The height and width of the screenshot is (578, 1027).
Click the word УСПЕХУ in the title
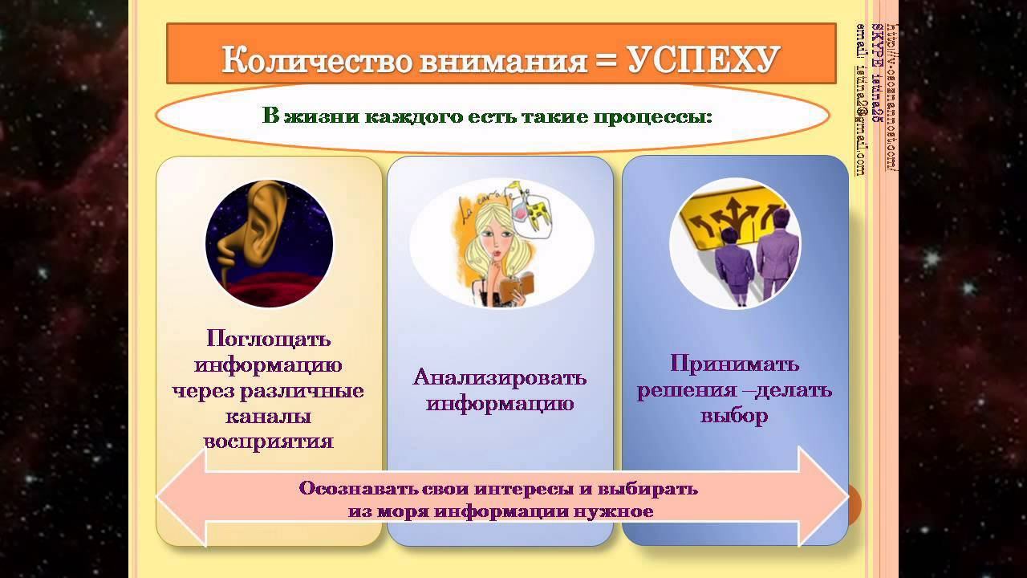704,60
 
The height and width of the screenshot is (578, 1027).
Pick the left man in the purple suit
734,265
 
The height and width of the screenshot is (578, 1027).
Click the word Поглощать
268,338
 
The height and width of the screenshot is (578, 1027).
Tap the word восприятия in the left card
268,442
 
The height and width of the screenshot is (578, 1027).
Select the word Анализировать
499,377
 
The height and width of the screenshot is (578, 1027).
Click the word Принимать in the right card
734,364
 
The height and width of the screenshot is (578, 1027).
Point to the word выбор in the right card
734,416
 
